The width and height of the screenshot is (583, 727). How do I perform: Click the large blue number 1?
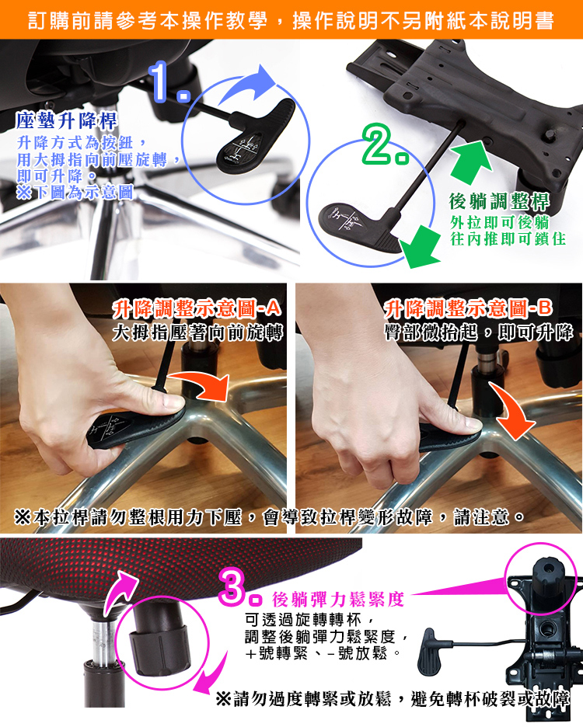[x=167, y=82]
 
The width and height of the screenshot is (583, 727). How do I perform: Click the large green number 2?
[x=385, y=144]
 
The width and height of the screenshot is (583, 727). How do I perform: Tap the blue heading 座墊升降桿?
[x=67, y=121]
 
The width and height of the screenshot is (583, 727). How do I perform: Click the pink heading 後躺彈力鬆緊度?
[x=338, y=599]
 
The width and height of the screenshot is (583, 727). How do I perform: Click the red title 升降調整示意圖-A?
[x=197, y=308]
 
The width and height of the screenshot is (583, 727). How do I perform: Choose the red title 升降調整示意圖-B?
[x=469, y=308]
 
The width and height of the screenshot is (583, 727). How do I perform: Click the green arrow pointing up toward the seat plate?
[x=470, y=161]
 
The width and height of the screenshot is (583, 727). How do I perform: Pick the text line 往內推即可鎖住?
[x=508, y=239]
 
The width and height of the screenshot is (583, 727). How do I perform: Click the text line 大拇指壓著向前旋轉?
[x=197, y=333]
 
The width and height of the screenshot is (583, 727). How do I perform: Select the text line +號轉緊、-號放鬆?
[x=323, y=654]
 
